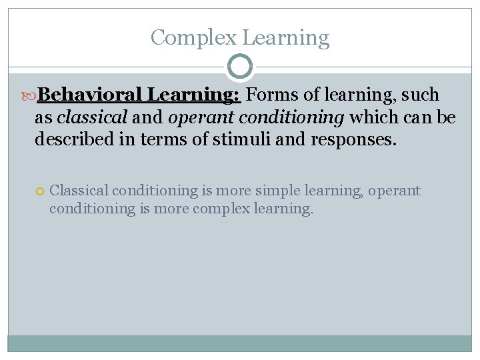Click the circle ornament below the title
pos(240,67)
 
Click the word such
pos(420,95)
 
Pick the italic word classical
pos(92,118)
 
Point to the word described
pos(73,141)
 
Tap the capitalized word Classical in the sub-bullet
pos(77,191)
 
